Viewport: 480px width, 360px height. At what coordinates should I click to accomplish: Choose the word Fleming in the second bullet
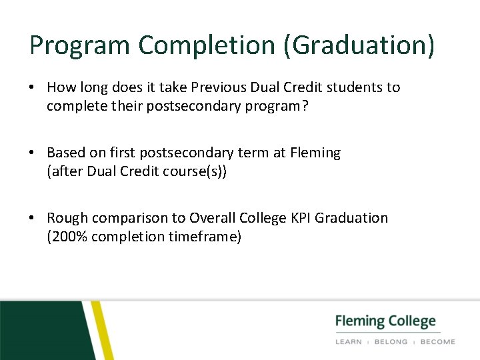point(315,153)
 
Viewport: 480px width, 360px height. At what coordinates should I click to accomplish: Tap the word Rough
point(67,218)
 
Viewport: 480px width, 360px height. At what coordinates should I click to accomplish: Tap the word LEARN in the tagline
point(349,341)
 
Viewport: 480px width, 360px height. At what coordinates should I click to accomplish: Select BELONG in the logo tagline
point(391,341)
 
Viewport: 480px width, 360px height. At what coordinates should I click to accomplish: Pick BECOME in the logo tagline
point(437,341)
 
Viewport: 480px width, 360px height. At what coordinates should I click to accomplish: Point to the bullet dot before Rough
point(33,218)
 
